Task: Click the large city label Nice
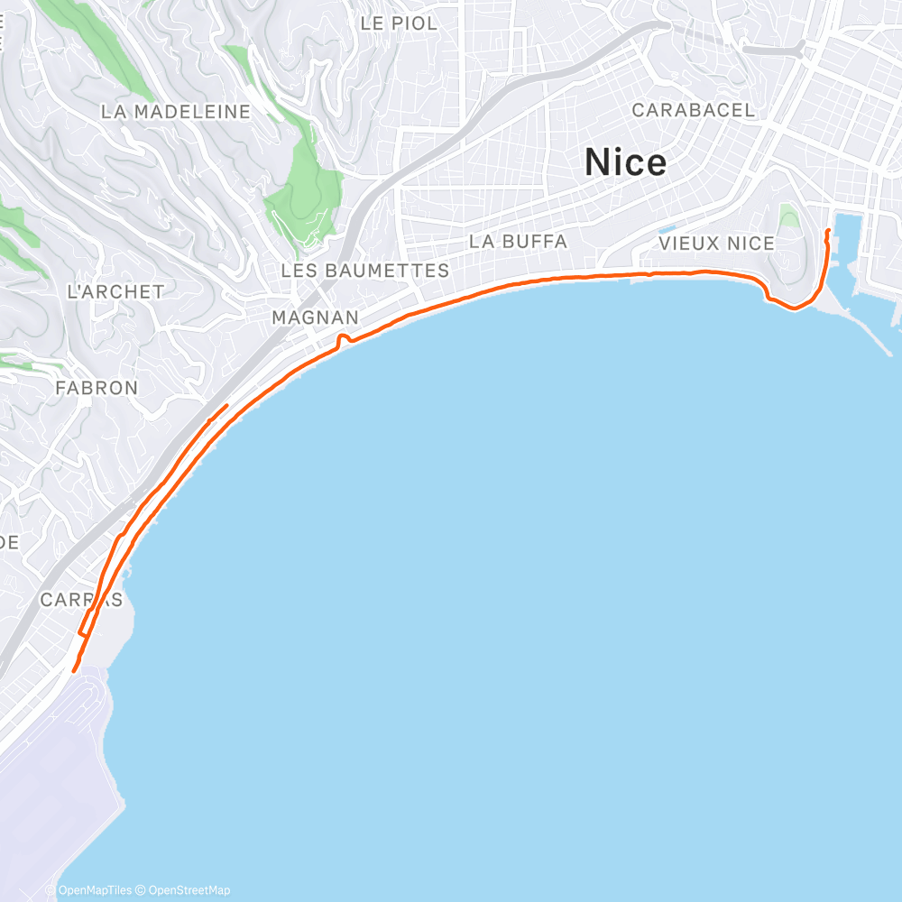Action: (x=625, y=162)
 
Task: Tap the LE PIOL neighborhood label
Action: (x=398, y=23)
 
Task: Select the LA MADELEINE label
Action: (x=175, y=112)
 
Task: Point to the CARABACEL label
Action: (x=693, y=110)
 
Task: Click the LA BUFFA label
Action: (x=518, y=242)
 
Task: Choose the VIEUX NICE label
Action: (x=716, y=244)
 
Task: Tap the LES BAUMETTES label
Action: (x=364, y=271)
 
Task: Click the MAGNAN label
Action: (x=315, y=318)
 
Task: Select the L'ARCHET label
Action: (x=115, y=291)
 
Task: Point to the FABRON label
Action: (x=97, y=388)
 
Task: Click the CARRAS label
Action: (x=81, y=600)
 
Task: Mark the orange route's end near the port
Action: (x=828, y=232)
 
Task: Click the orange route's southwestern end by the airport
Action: (x=73, y=670)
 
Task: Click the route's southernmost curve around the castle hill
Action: (x=794, y=308)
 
